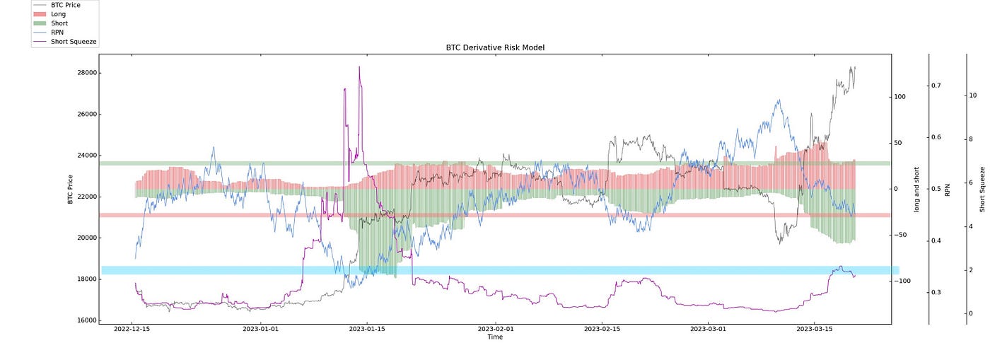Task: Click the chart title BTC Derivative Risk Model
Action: tap(495, 47)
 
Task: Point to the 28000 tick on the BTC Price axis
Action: tap(86, 73)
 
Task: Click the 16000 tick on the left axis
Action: tap(86, 320)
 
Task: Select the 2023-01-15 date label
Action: tap(367, 329)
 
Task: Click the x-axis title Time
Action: tap(495, 337)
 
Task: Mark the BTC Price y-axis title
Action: tap(71, 189)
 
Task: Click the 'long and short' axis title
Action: tap(916, 189)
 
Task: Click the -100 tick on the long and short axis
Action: tap(903, 281)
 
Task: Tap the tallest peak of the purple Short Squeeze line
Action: tap(359, 67)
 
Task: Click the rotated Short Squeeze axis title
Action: tap(983, 189)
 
